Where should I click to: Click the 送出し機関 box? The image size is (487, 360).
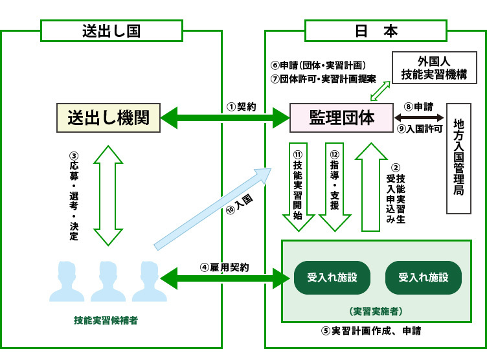click(108, 118)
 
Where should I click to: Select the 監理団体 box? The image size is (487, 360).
click(341, 118)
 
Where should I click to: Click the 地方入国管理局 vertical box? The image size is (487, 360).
click(459, 157)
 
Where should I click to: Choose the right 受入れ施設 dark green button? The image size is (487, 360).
click(424, 278)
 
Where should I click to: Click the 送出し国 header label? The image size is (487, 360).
click(111, 30)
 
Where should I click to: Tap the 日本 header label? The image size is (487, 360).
click(376, 30)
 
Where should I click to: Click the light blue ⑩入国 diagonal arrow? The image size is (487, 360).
click(214, 207)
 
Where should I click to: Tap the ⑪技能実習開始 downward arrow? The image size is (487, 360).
click(298, 186)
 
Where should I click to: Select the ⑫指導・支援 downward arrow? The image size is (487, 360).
click(334, 186)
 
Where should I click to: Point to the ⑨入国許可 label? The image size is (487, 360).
click(419, 128)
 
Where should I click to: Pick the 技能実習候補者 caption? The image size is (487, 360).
click(106, 320)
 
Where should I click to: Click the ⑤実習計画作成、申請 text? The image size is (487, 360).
click(370, 331)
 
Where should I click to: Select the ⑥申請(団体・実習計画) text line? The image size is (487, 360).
click(319, 65)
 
